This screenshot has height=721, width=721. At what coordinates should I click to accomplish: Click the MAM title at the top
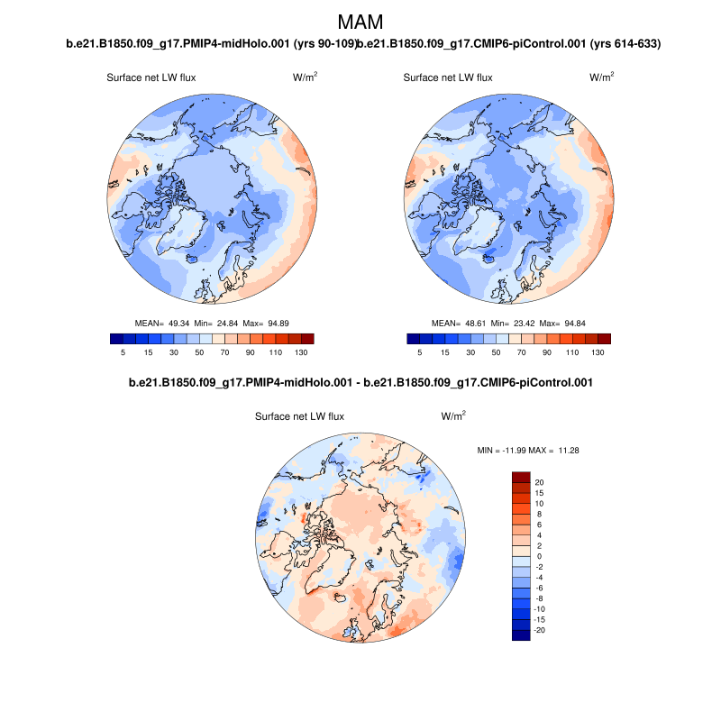click(360, 22)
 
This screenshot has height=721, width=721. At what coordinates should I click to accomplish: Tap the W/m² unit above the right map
click(602, 78)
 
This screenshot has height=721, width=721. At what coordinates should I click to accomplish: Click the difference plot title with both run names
click(360, 383)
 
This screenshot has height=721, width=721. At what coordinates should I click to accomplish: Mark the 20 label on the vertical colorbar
click(539, 482)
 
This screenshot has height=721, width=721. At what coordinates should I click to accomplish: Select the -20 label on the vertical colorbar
click(539, 630)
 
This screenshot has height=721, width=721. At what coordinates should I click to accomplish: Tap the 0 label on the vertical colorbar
click(539, 556)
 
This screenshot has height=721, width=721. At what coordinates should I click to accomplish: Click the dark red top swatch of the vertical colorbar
click(521, 477)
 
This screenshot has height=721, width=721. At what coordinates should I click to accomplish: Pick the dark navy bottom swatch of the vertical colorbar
click(521, 634)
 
